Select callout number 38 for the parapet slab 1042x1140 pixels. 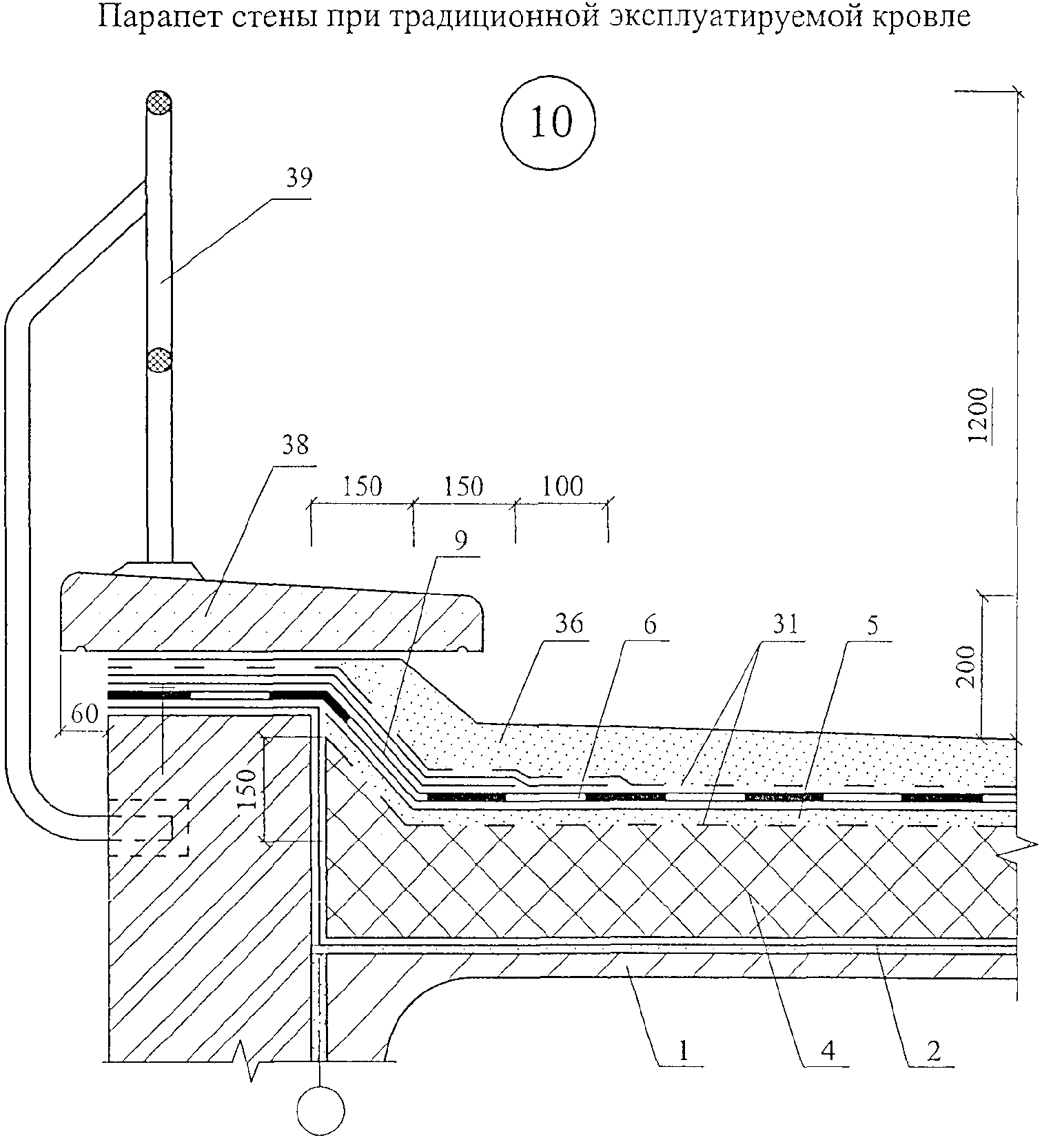[295, 445]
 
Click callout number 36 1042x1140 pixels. [569, 624]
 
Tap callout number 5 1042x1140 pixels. [872, 626]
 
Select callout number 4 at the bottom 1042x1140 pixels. [828, 1050]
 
